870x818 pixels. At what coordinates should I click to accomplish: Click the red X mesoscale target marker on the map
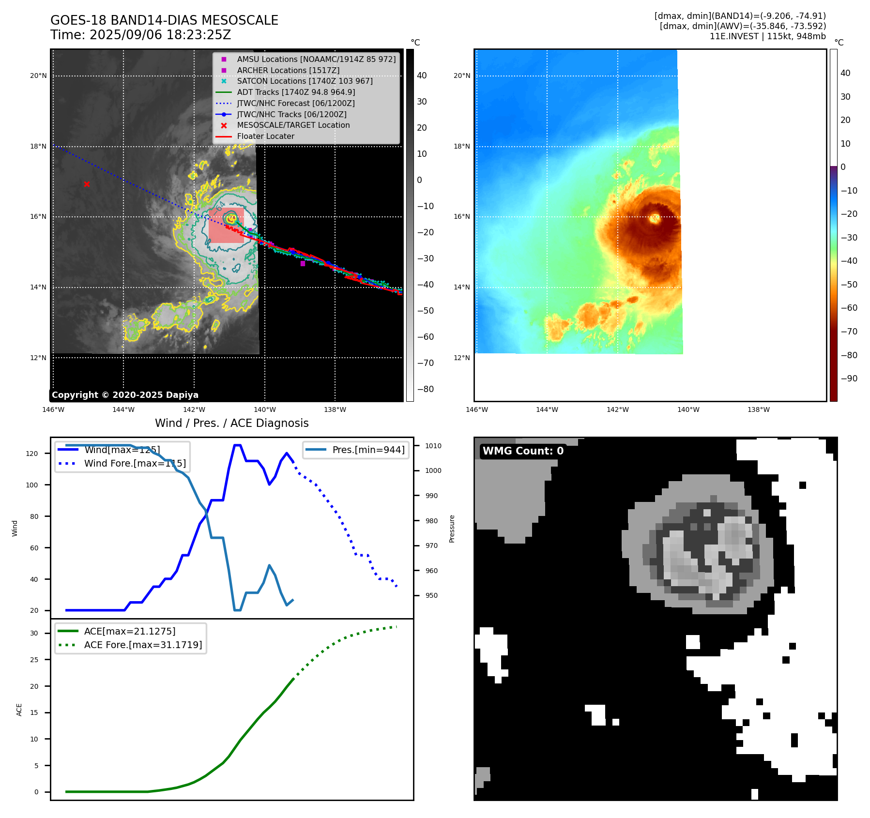coord(87,184)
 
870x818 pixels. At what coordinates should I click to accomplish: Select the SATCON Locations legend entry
coord(305,81)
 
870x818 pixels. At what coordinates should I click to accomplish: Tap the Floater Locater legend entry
coord(265,136)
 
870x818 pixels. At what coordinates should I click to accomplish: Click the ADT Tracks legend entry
coord(296,92)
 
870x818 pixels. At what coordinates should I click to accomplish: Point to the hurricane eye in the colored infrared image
coord(655,218)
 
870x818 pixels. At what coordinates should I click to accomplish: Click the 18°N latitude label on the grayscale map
coord(38,146)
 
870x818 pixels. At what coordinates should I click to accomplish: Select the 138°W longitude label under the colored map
coord(758,409)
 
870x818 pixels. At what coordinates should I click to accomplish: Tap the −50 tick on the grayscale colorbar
coord(426,311)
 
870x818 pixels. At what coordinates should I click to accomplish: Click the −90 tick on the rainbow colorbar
coord(849,379)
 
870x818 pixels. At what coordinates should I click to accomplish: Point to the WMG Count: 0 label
coord(523,451)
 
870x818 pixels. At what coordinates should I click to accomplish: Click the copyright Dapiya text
coord(125,395)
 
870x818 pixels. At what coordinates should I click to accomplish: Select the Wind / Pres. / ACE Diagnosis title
coord(231,423)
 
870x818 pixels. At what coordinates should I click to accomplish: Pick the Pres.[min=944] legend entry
coord(368,450)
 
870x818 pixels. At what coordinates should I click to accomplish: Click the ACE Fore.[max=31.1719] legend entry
coord(143,645)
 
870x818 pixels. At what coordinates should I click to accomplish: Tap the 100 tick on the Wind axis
coord(32,485)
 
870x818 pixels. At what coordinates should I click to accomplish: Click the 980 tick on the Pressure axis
coord(431,521)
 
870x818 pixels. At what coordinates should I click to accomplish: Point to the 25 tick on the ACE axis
coord(34,660)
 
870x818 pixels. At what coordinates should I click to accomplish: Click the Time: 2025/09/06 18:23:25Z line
coord(140,35)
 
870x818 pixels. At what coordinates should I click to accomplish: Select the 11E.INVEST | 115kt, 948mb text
coord(767,36)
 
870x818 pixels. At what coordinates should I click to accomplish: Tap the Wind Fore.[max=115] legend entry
coord(135,463)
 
